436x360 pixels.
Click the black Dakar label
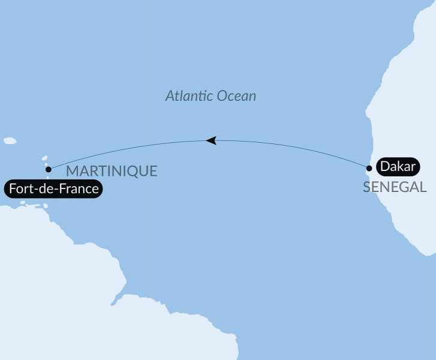pyautogui.click(x=395, y=168)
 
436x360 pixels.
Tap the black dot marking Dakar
pyautogui.click(x=369, y=168)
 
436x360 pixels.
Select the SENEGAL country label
pyautogui.click(x=395, y=187)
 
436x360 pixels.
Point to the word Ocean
pyautogui.click(x=236, y=96)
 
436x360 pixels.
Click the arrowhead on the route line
pyautogui.click(x=211, y=140)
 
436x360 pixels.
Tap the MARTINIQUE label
pyautogui.click(x=112, y=171)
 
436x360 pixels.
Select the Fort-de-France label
pyautogui.click(x=52, y=189)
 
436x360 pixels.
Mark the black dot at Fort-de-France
pyautogui.click(x=48, y=169)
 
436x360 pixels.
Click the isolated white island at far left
pyautogui.click(x=9, y=141)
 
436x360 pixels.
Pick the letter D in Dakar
pyautogui.click(x=383, y=168)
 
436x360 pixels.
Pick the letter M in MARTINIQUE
pyautogui.click(x=72, y=171)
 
